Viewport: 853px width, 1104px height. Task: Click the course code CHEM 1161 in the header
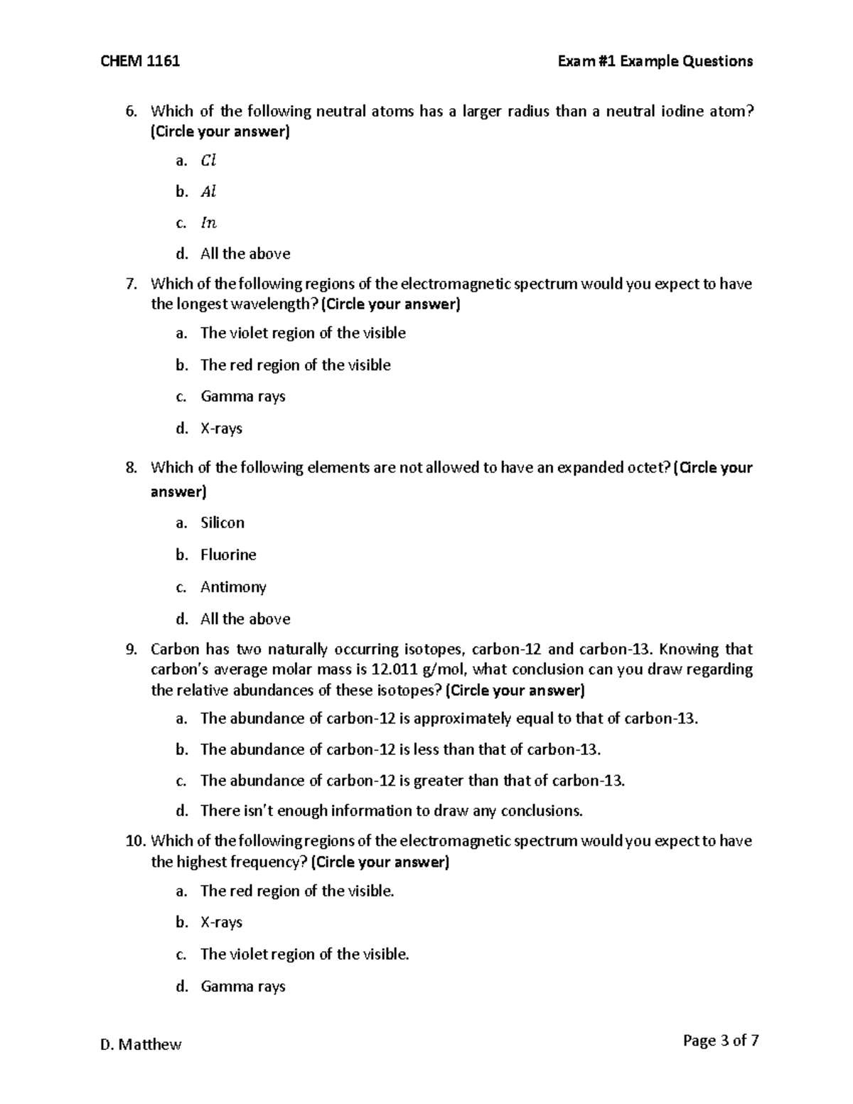tap(140, 61)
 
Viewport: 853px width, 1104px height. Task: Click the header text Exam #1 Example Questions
tap(655, 61)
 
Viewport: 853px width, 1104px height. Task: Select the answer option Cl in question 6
tap(208, 161)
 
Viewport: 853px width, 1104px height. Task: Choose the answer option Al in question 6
tap(208, 192)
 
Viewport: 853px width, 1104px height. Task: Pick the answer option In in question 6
tap(208, 223)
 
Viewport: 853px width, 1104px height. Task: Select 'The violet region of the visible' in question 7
tap(303, 333)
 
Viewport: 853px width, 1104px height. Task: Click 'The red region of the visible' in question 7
tap(295, 365)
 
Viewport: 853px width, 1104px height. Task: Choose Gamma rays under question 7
tap(242, 397)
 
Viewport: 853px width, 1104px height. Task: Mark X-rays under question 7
tap(221, 429)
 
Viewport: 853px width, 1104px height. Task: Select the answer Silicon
tap(222, 522)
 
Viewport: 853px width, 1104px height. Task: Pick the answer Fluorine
tap(228, 554)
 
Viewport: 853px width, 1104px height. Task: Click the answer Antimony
tap(233, 587)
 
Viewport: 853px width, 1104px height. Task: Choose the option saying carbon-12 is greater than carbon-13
tap(412, 781)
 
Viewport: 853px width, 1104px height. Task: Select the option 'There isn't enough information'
tap(391, 811)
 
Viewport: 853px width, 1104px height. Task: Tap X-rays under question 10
tap(221, 923)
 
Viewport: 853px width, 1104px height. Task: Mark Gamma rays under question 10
tap(242, 987)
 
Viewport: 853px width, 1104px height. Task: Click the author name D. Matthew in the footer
tap(141, 1044)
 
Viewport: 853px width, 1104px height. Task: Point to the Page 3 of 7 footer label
tap(720, 1041)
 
